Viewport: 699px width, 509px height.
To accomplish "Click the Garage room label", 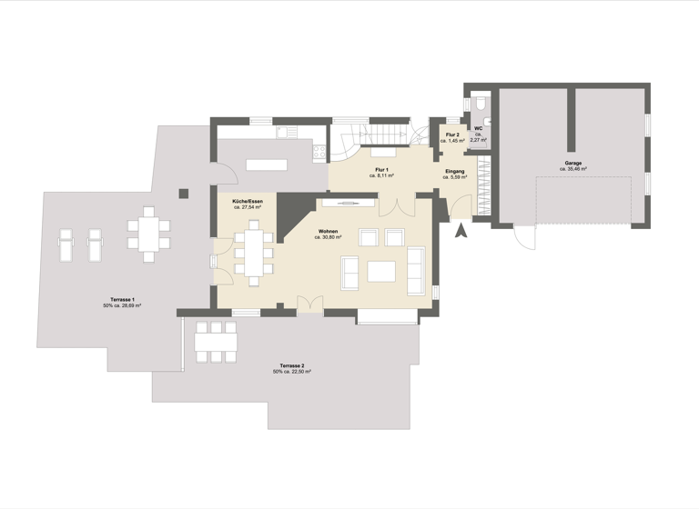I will point(573,165).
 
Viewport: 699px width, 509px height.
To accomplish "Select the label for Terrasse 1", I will point(120,303).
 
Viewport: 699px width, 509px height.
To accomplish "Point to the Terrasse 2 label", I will point(292,368).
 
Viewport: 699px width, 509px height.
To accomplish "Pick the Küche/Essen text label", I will point(247,204).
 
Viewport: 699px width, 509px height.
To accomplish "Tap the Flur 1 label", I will point(381,173).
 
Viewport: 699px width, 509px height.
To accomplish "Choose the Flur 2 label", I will point(452,138).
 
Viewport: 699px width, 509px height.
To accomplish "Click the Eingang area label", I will point(455,175).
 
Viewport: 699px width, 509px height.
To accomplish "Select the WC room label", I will point(479,135).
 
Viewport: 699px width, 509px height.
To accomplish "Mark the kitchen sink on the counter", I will point(282,133).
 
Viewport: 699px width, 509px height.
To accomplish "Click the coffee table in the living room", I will point(381,272).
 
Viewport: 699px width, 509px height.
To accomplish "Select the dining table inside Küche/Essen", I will point(254,251).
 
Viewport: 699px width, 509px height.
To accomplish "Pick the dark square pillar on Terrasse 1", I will point(184,193).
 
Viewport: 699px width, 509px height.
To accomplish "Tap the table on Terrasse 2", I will point(217,341).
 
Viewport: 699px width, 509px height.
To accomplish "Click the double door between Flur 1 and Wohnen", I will point(393,205).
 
